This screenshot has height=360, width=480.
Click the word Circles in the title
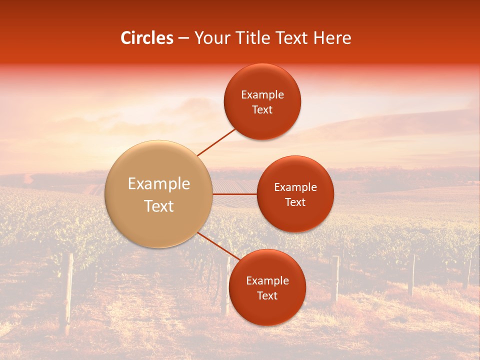(147, 38)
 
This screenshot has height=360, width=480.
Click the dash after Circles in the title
(183, 38)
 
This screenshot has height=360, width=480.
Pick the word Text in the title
(292, 38)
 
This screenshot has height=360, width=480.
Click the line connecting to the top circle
(216, 141)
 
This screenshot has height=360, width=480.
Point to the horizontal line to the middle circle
(235, 194)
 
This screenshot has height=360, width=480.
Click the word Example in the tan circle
(159, 184)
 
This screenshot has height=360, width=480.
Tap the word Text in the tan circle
(159, 206)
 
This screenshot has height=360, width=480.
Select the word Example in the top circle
(262, 95)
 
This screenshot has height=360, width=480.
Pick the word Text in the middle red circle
(295, 202)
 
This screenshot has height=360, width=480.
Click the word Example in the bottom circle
(267, 281)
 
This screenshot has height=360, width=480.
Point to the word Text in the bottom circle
(267, 295)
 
